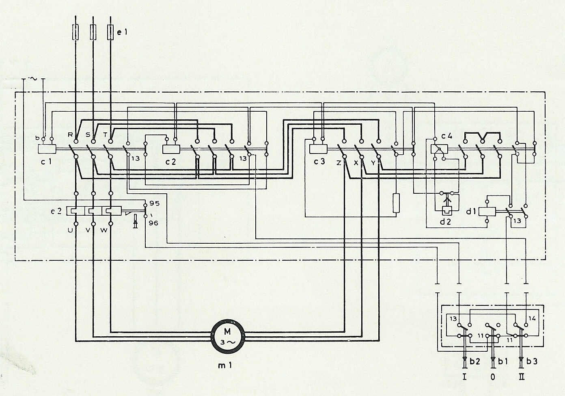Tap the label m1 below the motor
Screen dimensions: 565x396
(224, 365)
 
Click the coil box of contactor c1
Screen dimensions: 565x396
(47, 149)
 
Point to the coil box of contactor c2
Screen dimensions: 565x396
(171, 149)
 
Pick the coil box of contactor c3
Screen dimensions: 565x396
(318, 149)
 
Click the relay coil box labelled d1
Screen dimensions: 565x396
(487, 212)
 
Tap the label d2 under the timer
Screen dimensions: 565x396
(445, 222)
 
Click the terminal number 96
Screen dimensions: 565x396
(153, 223)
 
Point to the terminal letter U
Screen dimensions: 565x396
(70, 230)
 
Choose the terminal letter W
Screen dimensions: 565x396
(104, 230)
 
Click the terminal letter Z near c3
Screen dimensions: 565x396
(339, 163)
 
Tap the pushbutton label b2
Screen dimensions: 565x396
(474, 361)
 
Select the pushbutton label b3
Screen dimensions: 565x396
(532, 361)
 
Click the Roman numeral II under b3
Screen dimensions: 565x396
(522, 377)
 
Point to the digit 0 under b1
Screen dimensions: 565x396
(493, 377)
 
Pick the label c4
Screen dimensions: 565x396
(447, 136)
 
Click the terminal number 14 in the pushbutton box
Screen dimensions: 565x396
(532, 318)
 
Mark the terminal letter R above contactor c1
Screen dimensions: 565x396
(70, 135)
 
